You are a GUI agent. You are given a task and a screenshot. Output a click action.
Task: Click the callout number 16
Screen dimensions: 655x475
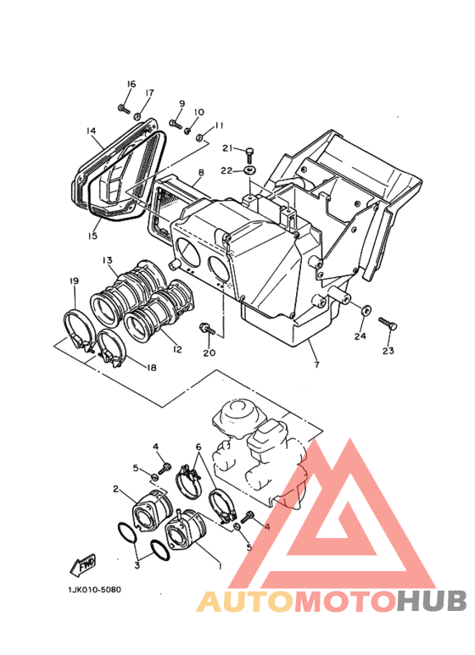131,84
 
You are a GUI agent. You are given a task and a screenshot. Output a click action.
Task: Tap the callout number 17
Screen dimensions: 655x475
149,93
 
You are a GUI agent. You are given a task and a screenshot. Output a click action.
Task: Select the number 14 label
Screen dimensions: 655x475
91,130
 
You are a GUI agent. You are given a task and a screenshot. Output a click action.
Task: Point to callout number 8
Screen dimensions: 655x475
201,173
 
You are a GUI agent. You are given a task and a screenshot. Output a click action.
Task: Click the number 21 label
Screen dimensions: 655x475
227,149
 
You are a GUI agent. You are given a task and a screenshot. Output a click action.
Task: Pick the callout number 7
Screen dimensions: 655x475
316,364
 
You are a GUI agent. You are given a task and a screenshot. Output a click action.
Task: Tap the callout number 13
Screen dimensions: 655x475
108,259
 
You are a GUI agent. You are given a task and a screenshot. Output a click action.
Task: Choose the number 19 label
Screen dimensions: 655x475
75,280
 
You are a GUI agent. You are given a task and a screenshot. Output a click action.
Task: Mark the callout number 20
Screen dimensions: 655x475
209,352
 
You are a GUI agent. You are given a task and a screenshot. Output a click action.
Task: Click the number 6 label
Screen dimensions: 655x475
198,447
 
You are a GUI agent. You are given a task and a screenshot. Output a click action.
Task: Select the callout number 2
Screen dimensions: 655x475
115,489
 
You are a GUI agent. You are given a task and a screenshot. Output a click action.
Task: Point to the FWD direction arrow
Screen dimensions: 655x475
83,563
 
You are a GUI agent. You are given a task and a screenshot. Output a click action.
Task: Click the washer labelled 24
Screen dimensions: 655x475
365,311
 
